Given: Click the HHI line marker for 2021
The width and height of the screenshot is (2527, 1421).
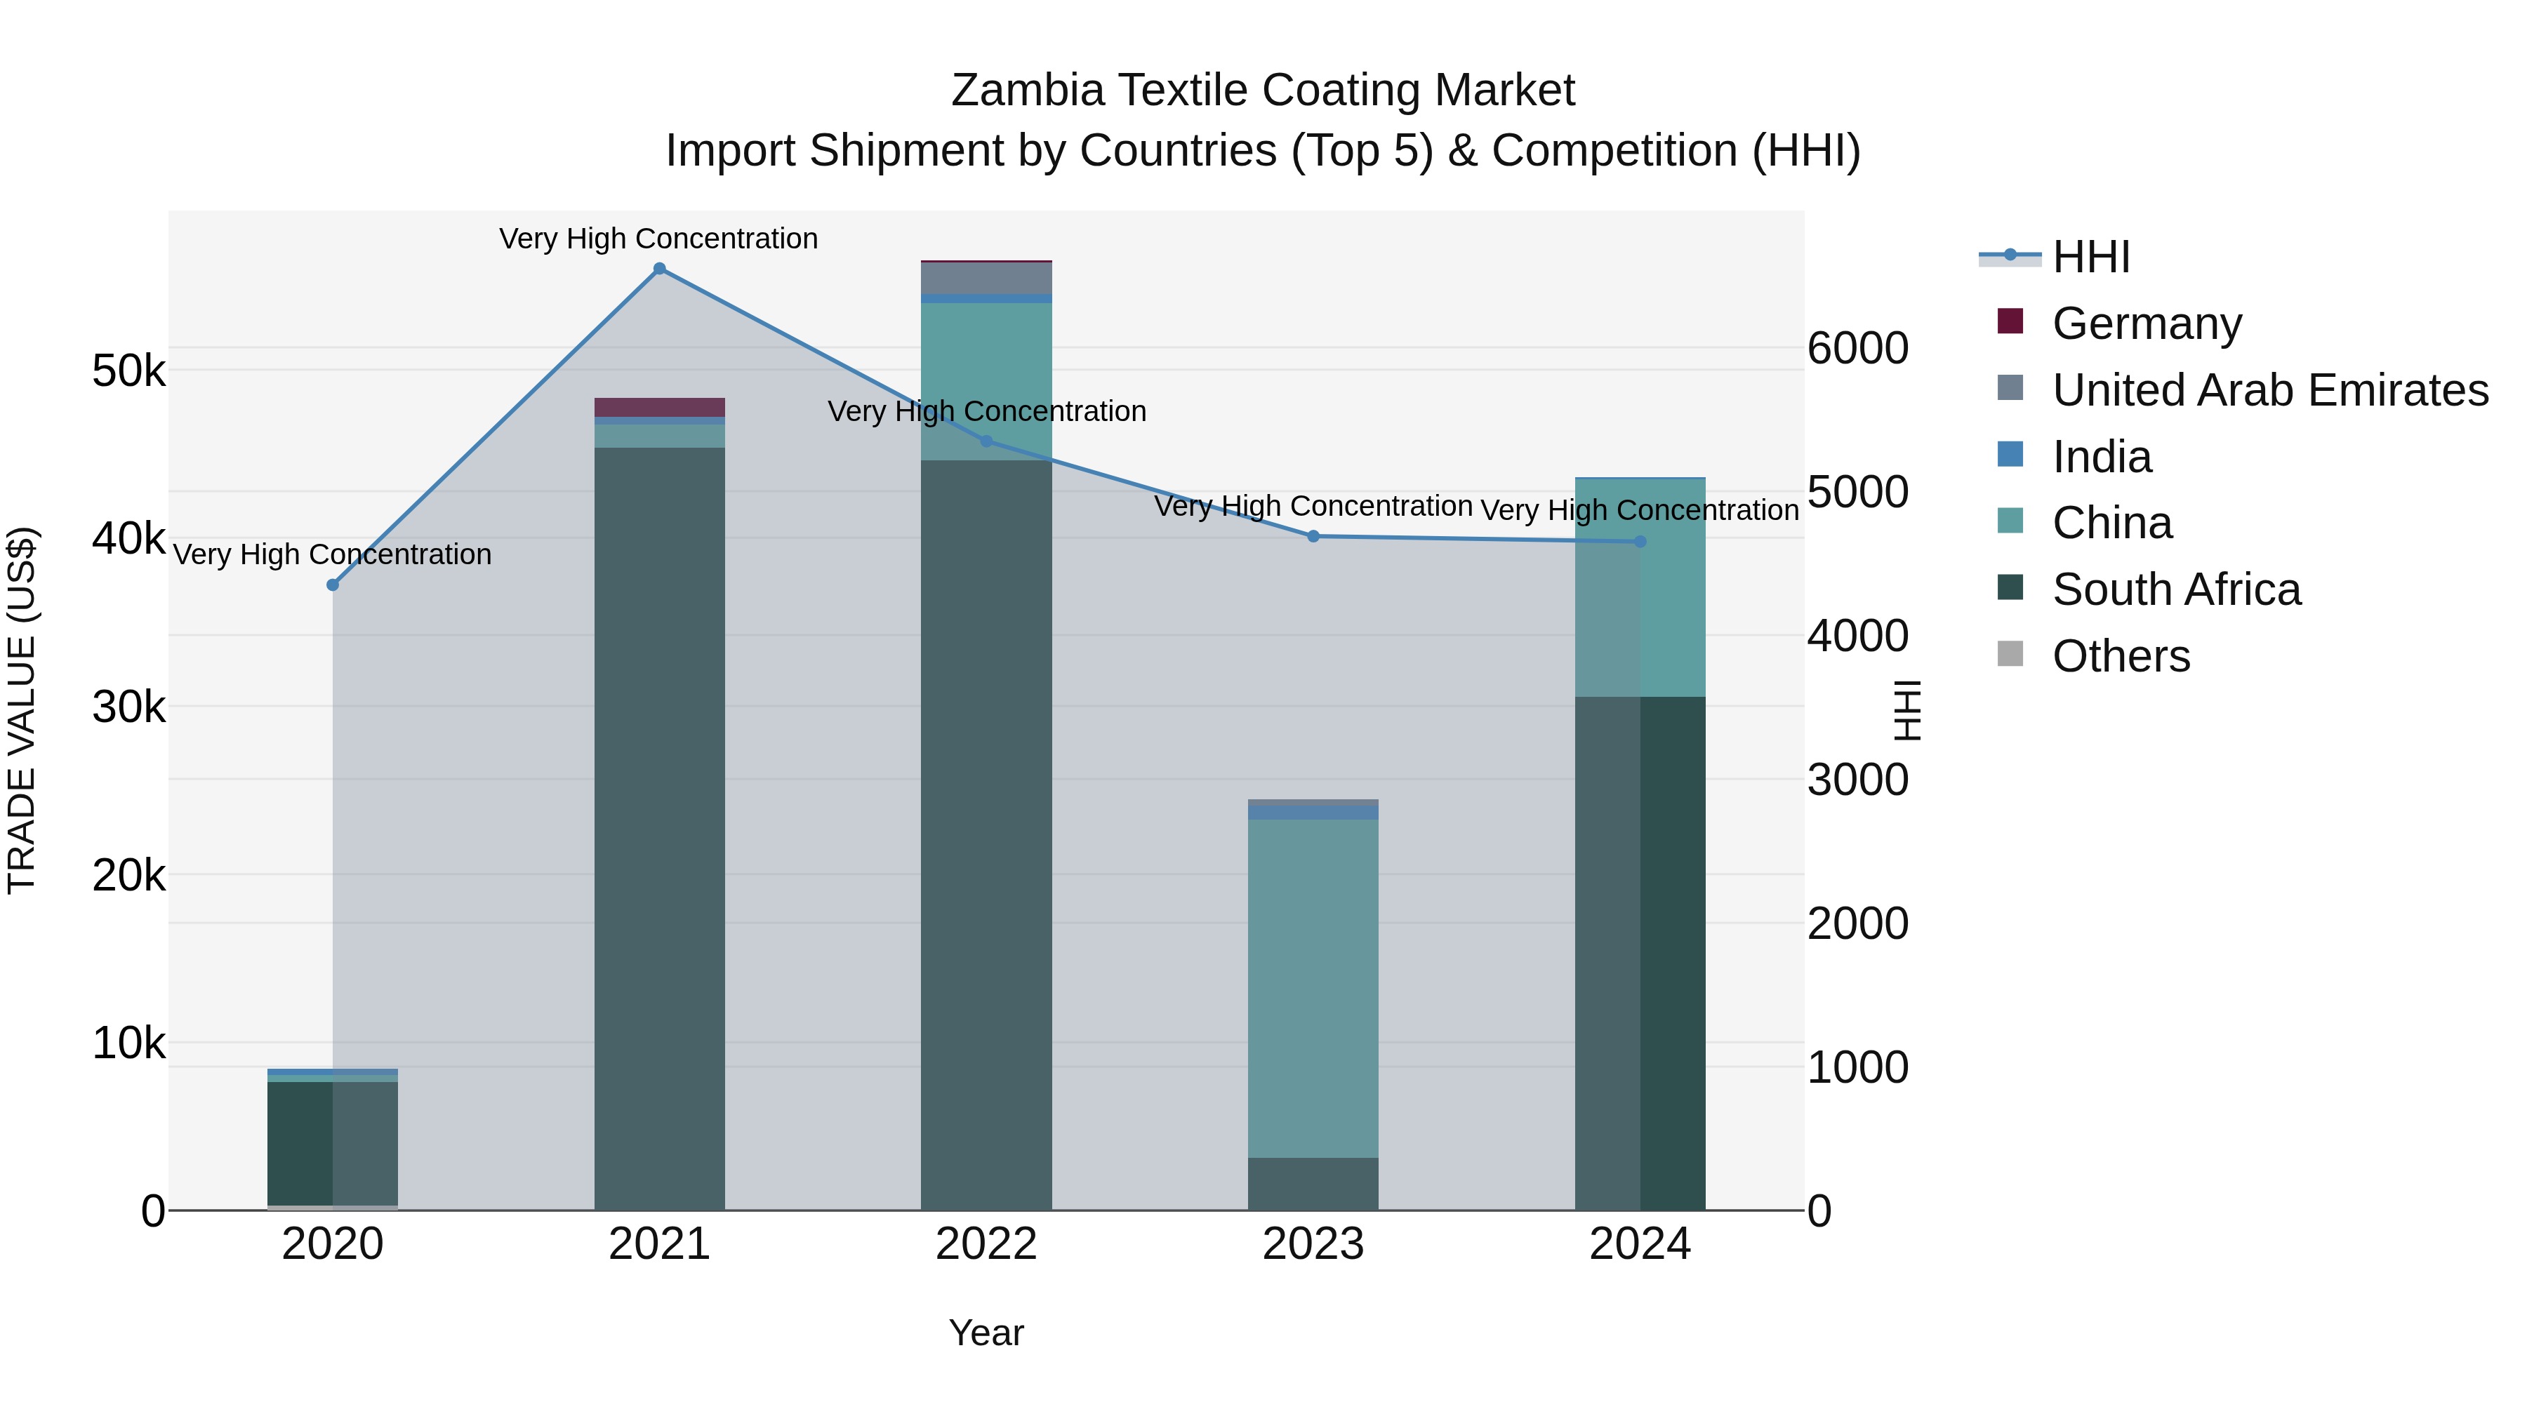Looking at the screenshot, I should pyautogui.click(x=659, y=269).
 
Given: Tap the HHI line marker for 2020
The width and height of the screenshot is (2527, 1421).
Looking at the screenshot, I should pyautogui.click(x=333, y=585).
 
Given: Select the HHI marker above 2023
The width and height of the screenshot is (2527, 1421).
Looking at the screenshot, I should pyautogui.click(x=1313, y=536).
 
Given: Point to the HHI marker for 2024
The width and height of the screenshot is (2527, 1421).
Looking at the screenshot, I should pyautogui.click(x=1640, y=541).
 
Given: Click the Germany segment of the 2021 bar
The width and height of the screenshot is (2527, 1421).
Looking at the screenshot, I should pyautogui.click(x=659, y=407).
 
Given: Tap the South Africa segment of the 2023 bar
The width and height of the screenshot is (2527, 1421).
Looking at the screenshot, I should pyautogui.click(x=1313, y=1184).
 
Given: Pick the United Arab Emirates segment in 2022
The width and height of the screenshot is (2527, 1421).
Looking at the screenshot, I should pyautogui.click(x=986, y=279).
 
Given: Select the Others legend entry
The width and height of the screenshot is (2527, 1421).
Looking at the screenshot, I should pyautogui.click(x=2120, y=656).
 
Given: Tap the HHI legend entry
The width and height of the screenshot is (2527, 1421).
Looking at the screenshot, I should pyautogui.click(x=2090, y=257).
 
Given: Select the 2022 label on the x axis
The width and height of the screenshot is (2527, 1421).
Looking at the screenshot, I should pyautogui.click(x=986, y=1244).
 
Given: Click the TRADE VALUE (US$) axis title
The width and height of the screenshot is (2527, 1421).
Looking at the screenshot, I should pyautogui.click(x=22, y=710).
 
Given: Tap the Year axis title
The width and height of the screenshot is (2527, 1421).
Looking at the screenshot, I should pyautogui.click(x=986, y=1333).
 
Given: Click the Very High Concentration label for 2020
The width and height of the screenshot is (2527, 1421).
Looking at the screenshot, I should pyautogui.click(x=333, y=555).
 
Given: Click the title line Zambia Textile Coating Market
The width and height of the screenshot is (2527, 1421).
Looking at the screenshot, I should pyautogui.click(x=1263, y=91).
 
